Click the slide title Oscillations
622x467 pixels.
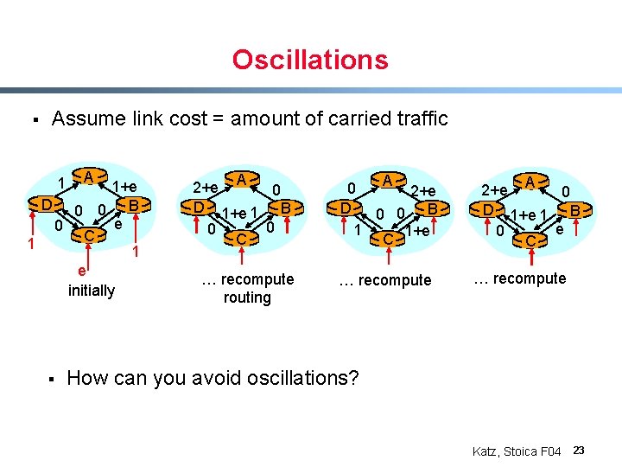(x=310, y=60)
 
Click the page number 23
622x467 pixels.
(x=579, y=450)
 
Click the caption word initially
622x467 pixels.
(x=91, y=291)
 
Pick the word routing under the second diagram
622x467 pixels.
(x=247, y=297)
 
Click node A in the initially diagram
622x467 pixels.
(x=88, y=177)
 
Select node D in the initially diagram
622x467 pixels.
(x=46, y=205)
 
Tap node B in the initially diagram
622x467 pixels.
(x=134, y=205)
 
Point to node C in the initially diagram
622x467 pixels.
(x=89, y=235)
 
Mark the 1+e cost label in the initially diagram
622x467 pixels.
(x=124, y=187)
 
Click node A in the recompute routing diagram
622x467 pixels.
(x=243, y=179)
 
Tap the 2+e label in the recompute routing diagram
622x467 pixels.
(x=205, y=188)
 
